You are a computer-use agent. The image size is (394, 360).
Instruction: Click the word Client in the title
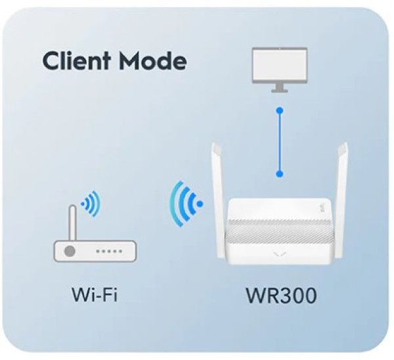pos(76,60)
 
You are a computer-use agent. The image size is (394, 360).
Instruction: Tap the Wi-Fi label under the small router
pos(95,294)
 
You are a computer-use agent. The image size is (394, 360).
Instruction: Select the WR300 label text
pos(281,296)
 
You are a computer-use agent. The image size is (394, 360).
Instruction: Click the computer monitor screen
pos(280,65)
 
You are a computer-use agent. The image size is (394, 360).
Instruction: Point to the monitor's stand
pos(280,88)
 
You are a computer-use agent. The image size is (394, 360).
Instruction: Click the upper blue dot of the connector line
pos(280,110)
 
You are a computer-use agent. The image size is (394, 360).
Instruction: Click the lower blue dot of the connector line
pos(280,173)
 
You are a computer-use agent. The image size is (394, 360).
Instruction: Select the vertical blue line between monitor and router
pos(280,142)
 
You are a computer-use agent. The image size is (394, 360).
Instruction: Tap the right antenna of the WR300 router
pos(341,198)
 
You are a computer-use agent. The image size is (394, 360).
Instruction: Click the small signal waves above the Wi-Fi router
pos(91,204)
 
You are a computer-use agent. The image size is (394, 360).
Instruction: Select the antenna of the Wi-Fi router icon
pos(73,223)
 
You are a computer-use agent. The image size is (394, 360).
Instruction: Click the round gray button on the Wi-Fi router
pos(70,251)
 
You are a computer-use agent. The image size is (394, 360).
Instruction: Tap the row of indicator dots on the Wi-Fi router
pos(109,251)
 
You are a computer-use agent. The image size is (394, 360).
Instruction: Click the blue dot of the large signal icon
pos(200,204)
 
